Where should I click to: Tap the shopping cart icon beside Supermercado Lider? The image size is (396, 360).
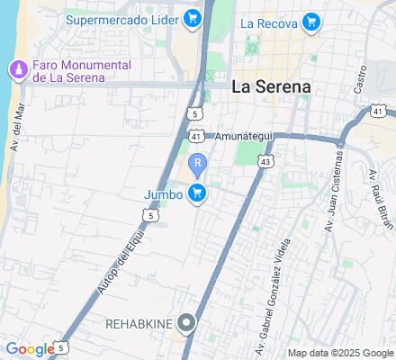(x=192, y=18)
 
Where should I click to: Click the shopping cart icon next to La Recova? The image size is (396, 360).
(x=311, y=22)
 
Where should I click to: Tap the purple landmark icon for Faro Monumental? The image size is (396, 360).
(x=16, y=69)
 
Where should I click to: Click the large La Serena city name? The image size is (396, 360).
(x=272, y=87)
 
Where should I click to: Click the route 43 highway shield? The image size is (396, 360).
(x=265, y=159)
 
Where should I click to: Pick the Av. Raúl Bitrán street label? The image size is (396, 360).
(x=375, y=197)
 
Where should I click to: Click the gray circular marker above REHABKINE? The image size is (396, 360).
(x=187, y=321)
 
